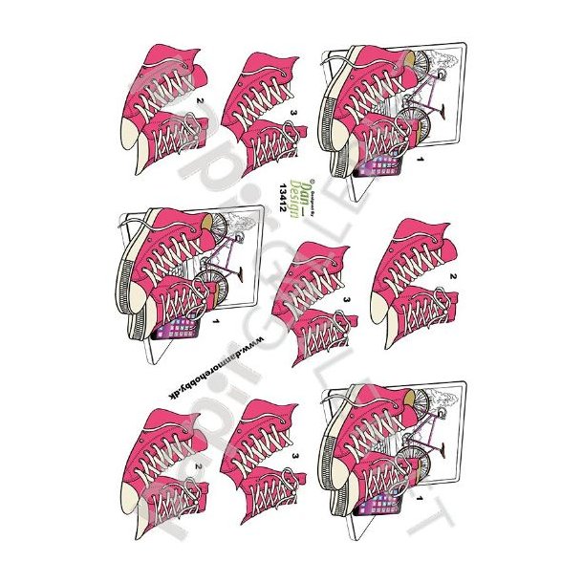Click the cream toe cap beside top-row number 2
(135, 134)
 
